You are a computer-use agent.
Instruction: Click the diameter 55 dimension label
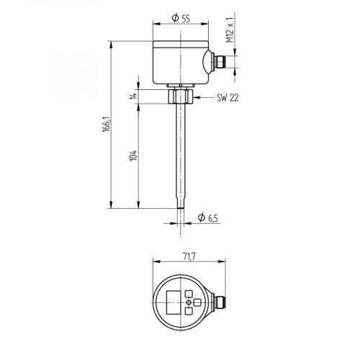(x=181, y=19)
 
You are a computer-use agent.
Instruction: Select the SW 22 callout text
(x=227, y=99)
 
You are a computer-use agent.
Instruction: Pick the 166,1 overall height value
(x=105, y=124)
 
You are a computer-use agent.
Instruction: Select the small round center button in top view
(x=189, y=302)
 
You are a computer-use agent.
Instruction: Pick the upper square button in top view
(x=189, y=294)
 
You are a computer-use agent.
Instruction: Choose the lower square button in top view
(x=189, y=312)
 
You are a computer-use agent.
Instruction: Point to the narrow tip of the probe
(x=179, y=204)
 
